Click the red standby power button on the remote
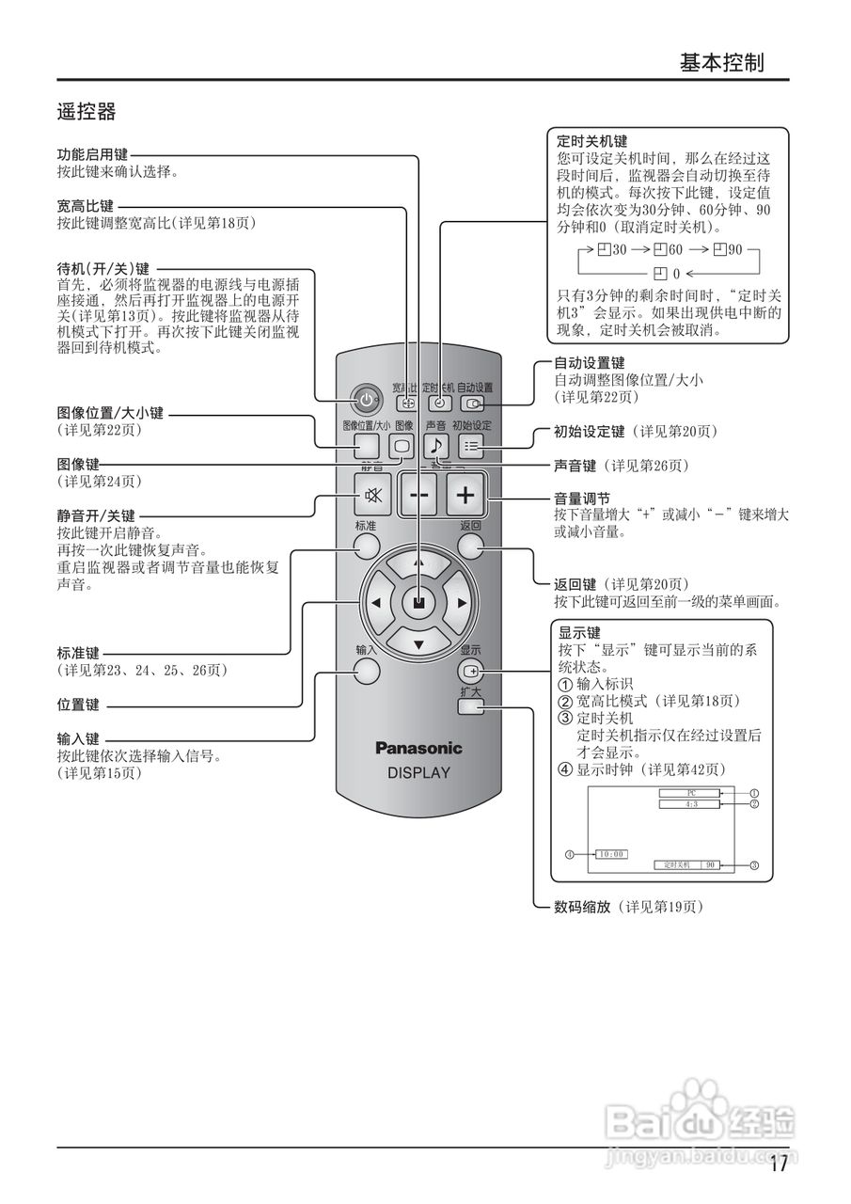[366, 401]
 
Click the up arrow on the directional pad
[419, 563]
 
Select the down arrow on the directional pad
[419, 644]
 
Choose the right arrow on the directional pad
[462, 603]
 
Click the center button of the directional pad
[419, 603]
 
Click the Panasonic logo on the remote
[419, 749]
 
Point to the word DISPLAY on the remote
[419, 773]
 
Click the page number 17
[778, 1164]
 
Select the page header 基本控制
[721, 63]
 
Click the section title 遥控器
[86, 113]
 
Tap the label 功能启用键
[92, 155]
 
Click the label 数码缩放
[582, 907]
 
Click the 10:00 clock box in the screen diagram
[610, 854]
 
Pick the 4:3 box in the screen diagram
[690, 804]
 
